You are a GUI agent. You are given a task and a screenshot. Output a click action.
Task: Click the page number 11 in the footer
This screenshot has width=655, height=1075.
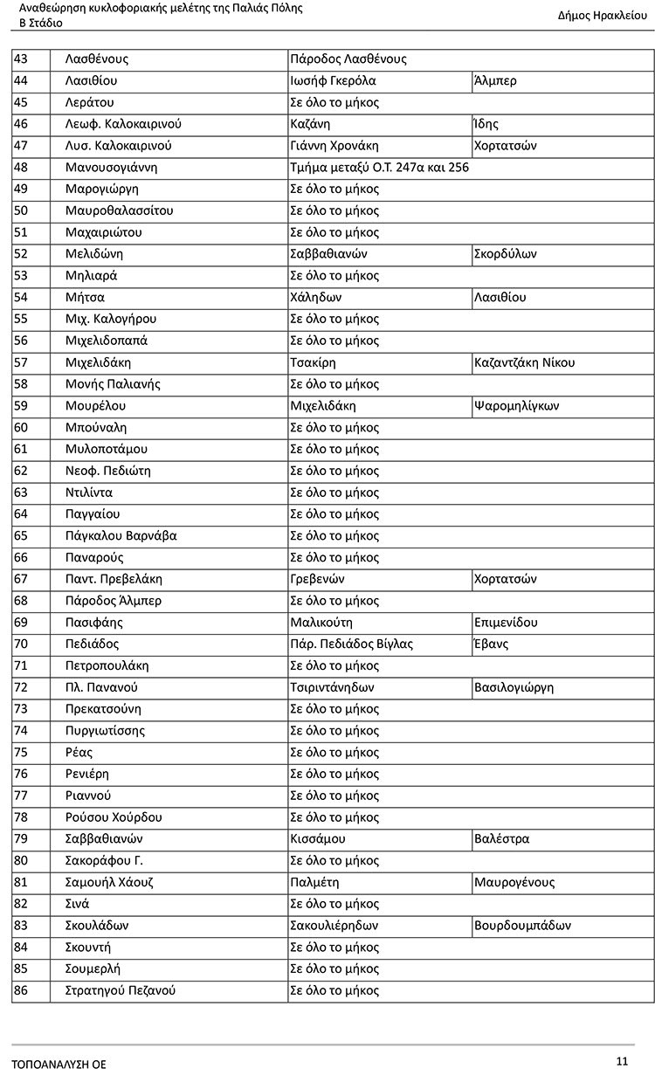click(622, 1061)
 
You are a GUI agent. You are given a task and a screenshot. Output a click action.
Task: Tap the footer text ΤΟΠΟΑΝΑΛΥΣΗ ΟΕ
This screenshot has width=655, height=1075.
click(59, 1064)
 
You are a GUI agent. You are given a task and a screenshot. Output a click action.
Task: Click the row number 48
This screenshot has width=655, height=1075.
click(21, 168)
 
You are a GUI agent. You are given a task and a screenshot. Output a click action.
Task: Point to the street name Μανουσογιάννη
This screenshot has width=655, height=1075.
click(111, 168)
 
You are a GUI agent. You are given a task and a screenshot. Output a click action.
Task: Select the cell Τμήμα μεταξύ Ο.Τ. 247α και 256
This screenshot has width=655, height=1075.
click(379, 168)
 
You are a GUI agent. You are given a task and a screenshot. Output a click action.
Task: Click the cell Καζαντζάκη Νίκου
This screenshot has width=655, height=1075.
click(524, 362)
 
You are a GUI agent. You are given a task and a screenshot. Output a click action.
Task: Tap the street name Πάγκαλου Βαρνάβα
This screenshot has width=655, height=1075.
click(121, 536)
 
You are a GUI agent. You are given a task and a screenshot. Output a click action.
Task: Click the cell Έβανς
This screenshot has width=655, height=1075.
click(491, 644)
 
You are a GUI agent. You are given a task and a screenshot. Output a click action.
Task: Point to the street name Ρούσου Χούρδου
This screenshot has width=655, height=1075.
click(114, 817)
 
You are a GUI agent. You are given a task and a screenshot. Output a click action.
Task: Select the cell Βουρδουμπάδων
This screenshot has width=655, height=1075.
click(522, 926)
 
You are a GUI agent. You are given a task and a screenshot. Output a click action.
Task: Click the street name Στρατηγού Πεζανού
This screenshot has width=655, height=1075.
click(121, 990)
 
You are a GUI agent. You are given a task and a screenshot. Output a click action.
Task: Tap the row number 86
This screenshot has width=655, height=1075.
click(21, 990)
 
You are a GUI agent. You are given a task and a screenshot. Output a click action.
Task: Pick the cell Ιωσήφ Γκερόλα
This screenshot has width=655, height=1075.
click(333, 81)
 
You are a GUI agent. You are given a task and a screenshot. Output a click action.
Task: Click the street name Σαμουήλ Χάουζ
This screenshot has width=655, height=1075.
click(109, 882)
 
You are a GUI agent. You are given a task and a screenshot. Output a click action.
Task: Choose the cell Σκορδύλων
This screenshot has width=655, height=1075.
click(505, 254)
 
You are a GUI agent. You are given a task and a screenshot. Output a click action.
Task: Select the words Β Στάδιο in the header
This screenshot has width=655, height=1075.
click(39, 23)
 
